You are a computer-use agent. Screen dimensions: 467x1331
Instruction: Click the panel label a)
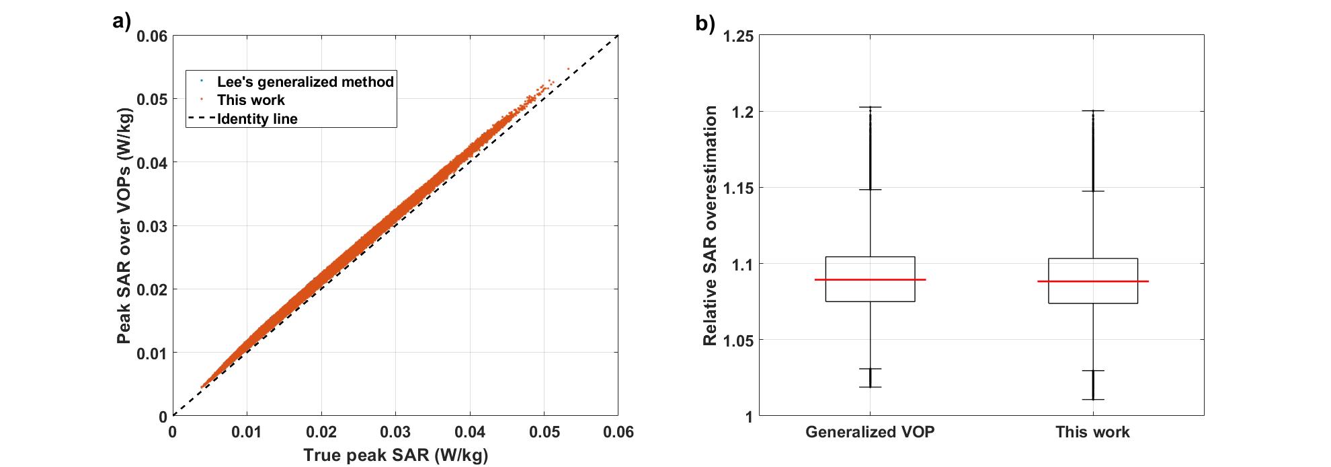click(x=121, y=22)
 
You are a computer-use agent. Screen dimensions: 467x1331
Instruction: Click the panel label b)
click(x=705, y=24)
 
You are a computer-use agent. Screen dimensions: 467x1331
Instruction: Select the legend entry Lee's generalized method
click(x=305, y=82)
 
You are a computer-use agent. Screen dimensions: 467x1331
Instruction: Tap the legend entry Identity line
click(x=257, y=119)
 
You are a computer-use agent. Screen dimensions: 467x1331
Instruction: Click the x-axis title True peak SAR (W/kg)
click(x=395, y=455)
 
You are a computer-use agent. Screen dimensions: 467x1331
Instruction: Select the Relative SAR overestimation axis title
click(x=710, y=225)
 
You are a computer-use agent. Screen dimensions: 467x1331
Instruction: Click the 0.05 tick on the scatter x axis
click(x=544, y=432)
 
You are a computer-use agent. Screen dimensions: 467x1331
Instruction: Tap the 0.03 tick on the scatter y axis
click(x=152, y=226)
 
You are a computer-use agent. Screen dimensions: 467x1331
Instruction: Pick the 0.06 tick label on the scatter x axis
click(x=618, y=432)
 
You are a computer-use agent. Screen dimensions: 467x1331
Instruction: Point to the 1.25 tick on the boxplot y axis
click(x=737, y=36)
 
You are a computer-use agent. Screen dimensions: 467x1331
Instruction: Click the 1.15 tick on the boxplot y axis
click(x=737, y=188)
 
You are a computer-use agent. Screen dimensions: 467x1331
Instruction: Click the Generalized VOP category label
click(x=870, y=432)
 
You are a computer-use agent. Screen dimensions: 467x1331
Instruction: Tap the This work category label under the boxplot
click(x=1092, y=432)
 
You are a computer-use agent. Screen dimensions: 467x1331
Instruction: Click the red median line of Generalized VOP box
click(x=870, y=279)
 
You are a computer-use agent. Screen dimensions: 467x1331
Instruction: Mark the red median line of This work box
click(x=1092, y=281)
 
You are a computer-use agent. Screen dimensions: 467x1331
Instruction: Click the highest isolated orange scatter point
click(x=568, y=69)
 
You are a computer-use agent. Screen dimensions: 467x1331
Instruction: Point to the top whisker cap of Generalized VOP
click(x=870, y=107)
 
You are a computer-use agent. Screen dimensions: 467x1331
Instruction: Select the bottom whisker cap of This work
click(x=1092, y=400)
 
